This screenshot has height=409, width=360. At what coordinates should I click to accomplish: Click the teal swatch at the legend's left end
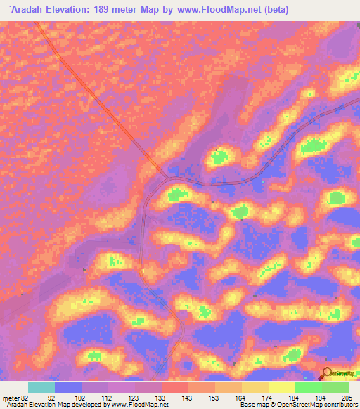pos(41,387)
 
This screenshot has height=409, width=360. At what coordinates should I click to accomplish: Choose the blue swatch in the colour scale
pos(68,387)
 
